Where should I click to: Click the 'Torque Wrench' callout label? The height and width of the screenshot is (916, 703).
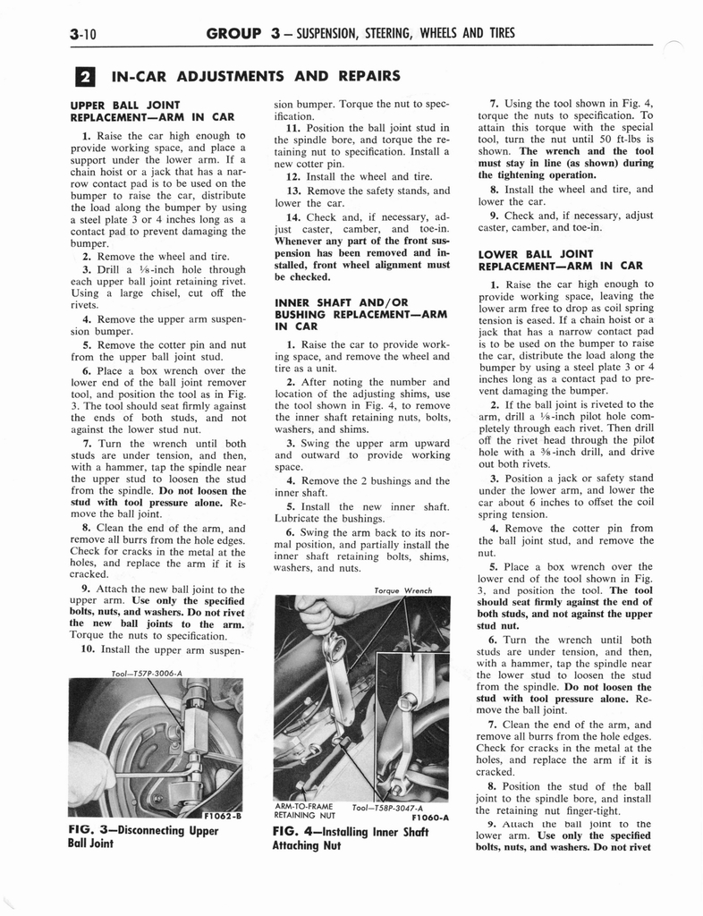406,590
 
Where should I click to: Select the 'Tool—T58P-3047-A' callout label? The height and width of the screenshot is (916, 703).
393,806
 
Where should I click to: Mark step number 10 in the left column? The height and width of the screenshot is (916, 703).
87,649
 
